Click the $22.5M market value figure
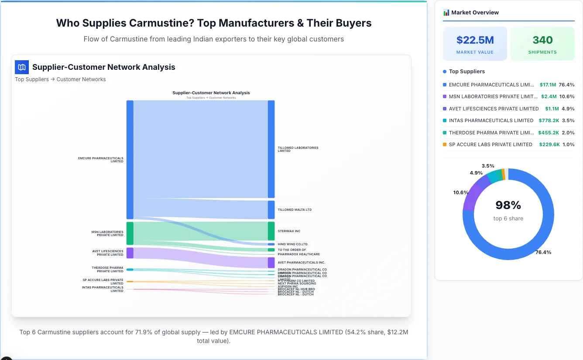click(475, 40)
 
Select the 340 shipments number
click(542, 40)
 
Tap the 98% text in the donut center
click(508, 205)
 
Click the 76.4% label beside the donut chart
click(543, 252)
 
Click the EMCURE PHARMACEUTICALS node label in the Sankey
click(101, 160)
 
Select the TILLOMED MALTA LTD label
click(295, 210)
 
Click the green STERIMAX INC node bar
click(271, 231)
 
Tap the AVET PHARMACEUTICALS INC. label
click(301, 263)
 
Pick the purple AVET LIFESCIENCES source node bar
click(130, 253)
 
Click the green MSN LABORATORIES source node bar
click(130, 233)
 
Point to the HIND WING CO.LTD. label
click(293, 244)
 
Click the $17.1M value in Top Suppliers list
click(548, 85)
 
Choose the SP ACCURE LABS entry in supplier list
click(490, 144)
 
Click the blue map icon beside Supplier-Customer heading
click(21, 67)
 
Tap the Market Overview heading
click(475, 13)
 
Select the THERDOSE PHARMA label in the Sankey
click(107, 269)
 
